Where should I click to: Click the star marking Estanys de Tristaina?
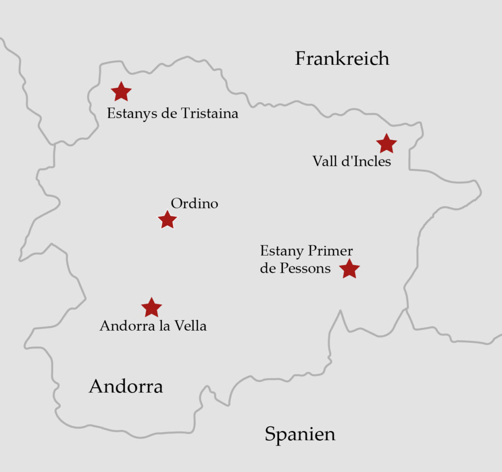click(121, 91)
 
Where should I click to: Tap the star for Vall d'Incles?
click(386, 143)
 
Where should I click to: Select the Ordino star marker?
click(167, 220)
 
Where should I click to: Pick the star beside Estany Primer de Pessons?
click(350, 269)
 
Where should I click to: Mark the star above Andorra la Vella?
click(151, 308)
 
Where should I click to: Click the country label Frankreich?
click(342, 59)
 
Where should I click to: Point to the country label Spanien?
click(300, 434)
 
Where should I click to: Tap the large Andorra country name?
click(125, 387)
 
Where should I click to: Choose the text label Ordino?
click(194, 204)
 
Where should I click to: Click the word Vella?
click(190, 326)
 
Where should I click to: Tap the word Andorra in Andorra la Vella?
click(125, 326)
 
